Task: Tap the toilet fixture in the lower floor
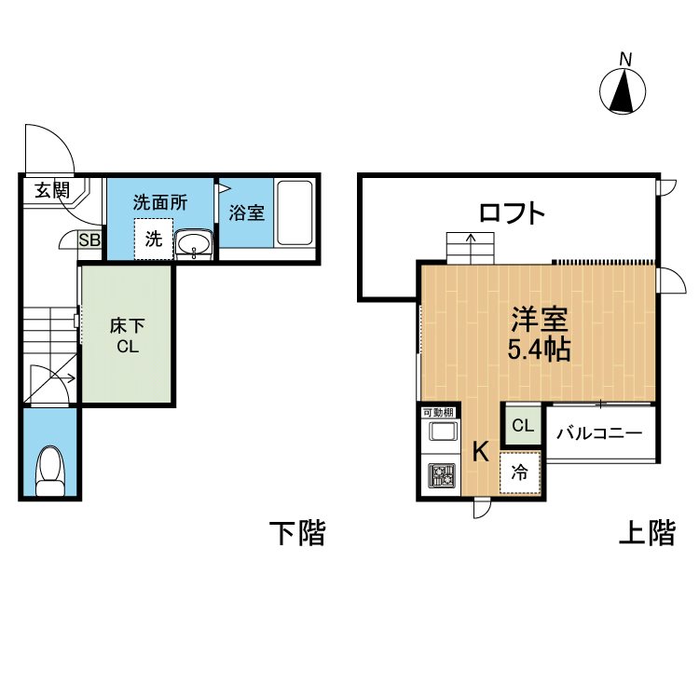coord(50,471)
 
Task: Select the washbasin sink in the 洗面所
coord(194,244)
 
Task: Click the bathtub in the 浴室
coord(295,212)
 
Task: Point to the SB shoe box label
coord(89,240)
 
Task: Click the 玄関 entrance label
coord(52,190)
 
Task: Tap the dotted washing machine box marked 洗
coord(154,239)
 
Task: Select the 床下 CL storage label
coord(127,336)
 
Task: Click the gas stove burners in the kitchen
coord(442,474)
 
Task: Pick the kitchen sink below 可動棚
coord(442,432)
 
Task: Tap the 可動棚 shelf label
coord(438,413)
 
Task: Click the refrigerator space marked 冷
coord(520,473)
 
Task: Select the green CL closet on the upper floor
coord(523,425)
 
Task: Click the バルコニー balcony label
coord(599,432)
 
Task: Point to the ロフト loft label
coord(513,212)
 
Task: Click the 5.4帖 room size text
coord(539,349)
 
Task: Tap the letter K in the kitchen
coord(481,451)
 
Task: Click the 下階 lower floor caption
coord(297,532)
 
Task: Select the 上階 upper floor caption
coord(648,532)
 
